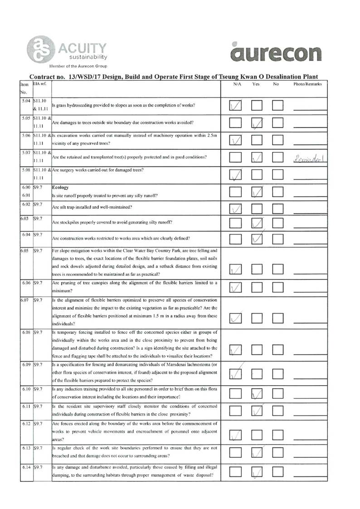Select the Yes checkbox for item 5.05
click(257, 122)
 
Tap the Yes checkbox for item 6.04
click(257, 238)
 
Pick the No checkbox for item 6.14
click(277, 472)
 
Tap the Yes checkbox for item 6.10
click(257, 395)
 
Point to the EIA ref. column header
click(41, 84)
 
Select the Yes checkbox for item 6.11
click(257, 411)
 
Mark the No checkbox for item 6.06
click(277, 287)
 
